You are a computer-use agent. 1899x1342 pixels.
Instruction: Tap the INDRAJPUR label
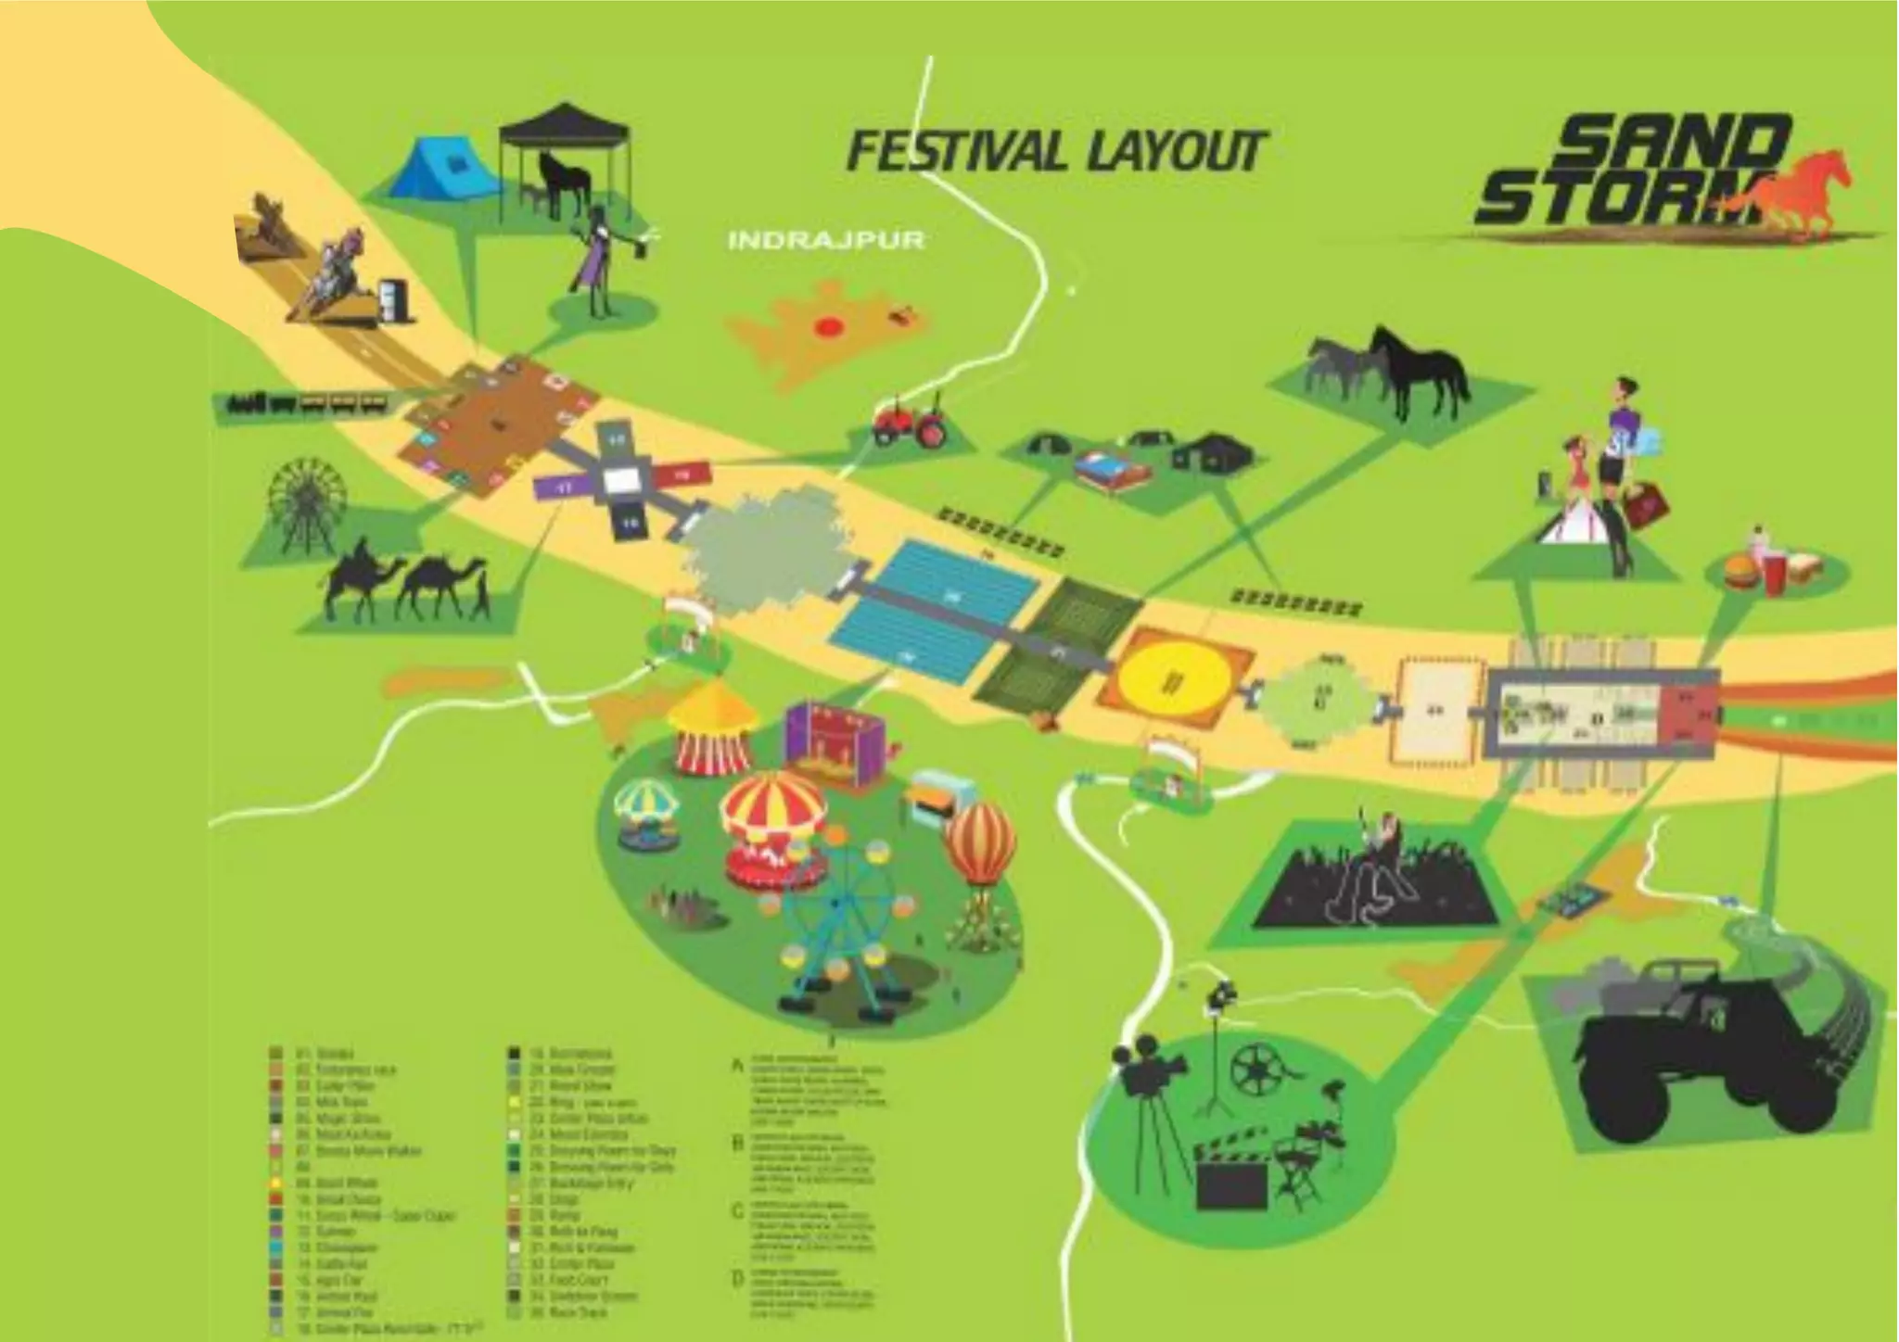tap(826, 240)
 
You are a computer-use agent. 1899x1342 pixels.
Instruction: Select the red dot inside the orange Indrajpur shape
tap(828, 326)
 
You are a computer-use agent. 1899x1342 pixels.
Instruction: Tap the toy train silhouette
tap(306, 404)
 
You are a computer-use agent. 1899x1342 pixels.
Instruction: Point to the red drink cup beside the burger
tap(1773, 574)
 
